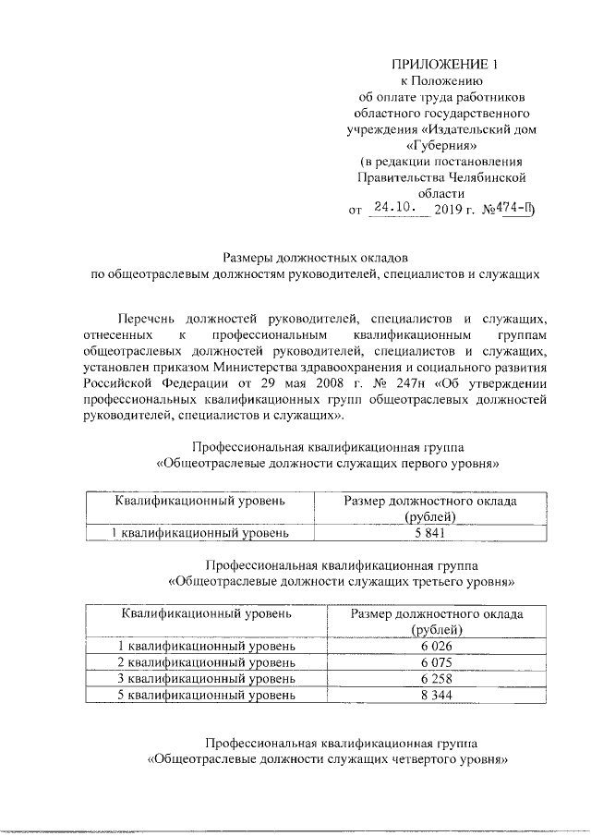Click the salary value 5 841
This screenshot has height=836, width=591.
click(429, 533)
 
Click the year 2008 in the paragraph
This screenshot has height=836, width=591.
click(288, 383)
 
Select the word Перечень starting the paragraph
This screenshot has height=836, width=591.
click(156, 318)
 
